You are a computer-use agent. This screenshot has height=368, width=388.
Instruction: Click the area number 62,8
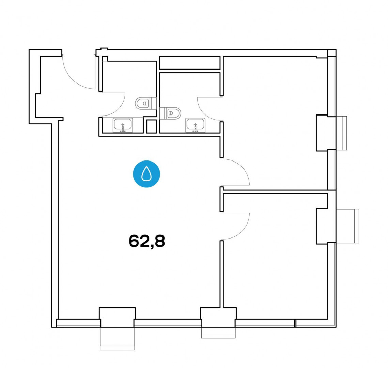click(147, 241)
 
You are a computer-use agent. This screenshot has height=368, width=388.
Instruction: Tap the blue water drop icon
click(146, 174)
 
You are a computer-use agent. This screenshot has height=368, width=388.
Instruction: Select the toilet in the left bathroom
click(146, 103)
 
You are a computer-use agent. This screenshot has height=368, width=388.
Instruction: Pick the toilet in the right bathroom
click(170, 113)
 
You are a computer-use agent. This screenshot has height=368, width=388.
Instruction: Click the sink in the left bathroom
click(123, 125)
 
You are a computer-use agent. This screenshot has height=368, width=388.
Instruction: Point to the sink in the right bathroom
click(196, 125)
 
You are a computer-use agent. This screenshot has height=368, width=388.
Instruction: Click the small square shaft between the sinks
click(151, 126)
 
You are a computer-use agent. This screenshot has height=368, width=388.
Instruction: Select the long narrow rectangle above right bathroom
click(190, 63)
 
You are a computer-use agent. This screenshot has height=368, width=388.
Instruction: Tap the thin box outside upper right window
click(341, 133)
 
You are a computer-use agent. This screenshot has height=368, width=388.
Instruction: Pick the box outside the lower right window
click(347, 226)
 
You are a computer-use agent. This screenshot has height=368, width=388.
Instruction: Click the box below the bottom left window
click(117, 339)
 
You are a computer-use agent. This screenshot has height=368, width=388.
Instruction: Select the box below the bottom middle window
click(218, 333)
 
